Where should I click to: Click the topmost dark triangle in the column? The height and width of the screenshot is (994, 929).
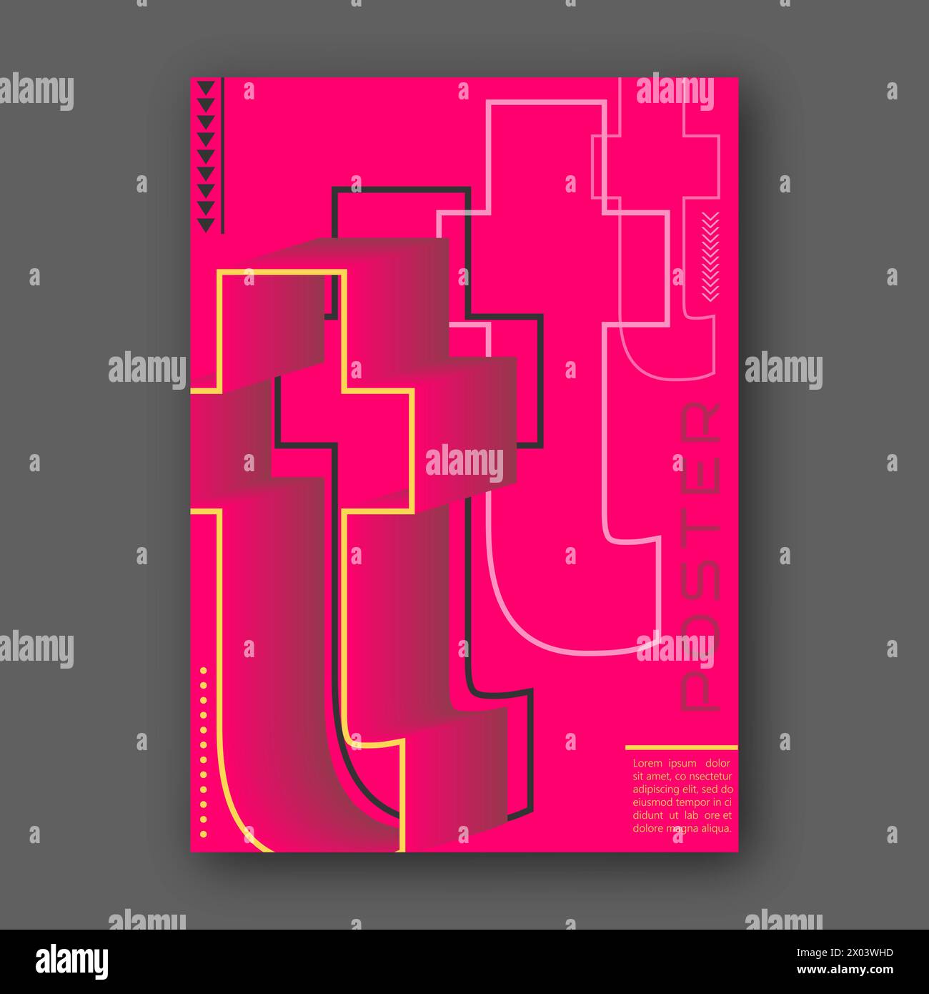[206, 87]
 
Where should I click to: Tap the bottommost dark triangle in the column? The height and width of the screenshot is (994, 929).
[206, 225]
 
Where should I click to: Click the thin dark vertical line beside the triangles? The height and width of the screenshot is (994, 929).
[222, 155]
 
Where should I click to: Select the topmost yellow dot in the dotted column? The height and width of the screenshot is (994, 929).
[203, 670]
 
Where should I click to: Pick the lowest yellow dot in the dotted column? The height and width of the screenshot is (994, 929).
[203, 835]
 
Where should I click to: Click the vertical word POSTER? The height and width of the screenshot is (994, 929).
[700, 556]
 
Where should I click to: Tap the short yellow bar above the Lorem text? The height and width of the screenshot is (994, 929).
[681, 747]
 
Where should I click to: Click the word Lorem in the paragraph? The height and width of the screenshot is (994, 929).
[647, 763]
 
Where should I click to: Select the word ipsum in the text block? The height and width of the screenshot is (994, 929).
[682, 764]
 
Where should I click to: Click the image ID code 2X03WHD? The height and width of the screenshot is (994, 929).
[869, 953]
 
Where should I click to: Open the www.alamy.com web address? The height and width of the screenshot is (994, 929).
[845, 970]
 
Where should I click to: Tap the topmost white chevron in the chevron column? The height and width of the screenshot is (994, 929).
[710, 215]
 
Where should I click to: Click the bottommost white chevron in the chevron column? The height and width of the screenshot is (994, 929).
[710, 297]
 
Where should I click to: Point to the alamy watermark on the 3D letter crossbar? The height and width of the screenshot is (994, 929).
[464, 463]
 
